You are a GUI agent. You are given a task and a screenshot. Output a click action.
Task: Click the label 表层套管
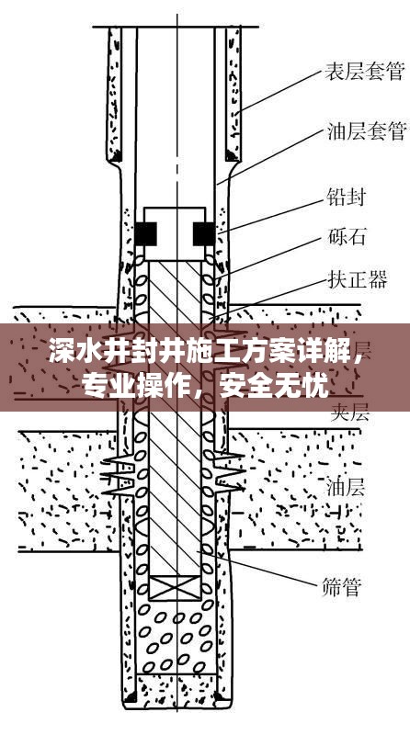tap(365, 72)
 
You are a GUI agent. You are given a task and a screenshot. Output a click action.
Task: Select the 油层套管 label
tap(366, 131)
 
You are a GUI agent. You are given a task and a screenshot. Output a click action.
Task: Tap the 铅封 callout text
tap(346, 198)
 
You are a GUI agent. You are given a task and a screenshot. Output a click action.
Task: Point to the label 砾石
tap(347, 237)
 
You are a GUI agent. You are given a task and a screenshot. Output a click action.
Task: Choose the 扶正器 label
tap(357, 280)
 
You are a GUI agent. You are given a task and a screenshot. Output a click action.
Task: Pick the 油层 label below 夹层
tap(346, 487)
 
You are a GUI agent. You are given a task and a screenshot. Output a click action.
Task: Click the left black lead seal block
tap(146, 233)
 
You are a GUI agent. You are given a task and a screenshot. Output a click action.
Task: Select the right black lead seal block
tap(204, 233)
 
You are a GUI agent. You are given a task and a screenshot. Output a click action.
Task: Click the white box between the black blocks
tap(175, 234)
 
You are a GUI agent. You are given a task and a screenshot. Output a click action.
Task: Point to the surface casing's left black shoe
tap(115, 155)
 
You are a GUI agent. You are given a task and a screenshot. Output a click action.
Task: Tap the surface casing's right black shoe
tap(232, 155)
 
